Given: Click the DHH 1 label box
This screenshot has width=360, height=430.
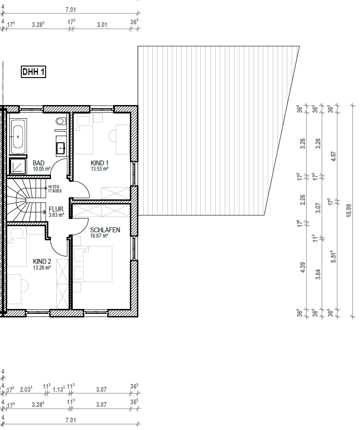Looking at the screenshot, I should click(34, 72).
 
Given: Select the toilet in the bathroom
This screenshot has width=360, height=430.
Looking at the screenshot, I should click(61, 121).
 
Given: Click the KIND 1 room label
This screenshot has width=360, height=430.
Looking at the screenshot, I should click(100, 163).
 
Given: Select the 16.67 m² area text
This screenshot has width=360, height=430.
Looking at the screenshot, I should click(99, 236).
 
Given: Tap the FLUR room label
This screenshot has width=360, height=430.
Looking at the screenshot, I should click(56, 209).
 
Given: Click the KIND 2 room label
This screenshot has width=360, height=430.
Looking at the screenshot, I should click(42, 262).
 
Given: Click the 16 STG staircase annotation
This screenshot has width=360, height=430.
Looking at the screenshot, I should click(54, 187).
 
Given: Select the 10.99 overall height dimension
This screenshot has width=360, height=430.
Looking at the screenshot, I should click(349, 209).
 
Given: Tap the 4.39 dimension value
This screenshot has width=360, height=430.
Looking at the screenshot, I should click(303, 268).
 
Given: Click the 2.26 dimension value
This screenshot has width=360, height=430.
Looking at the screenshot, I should click(303, 201).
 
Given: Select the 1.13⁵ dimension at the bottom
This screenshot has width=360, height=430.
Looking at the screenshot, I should click(59, 389).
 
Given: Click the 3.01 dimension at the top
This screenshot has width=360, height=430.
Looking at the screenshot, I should click(102, 25).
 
